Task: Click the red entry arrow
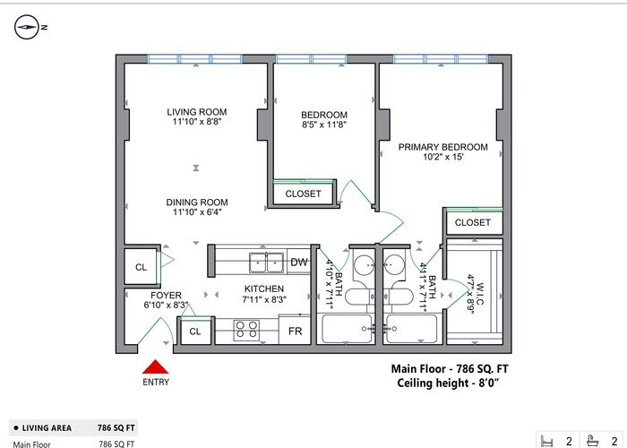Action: (156, 366)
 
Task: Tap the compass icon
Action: (26, 27)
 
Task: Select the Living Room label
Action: (197, 112)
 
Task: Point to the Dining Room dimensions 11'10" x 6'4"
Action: (197, 212)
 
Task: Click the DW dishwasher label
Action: (298, 263)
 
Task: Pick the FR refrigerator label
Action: (295, 332)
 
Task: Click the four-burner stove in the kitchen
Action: (246, 331)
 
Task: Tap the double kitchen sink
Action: (267, 263)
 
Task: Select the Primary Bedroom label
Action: (443, 147)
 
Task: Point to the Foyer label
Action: (166, 296)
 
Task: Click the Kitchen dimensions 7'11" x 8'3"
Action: (264, 299)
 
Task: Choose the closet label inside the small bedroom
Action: (303, 194)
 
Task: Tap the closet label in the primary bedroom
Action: (473, 222)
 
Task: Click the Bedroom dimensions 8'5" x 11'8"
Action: (324, 125)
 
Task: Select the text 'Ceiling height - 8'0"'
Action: (448, 383)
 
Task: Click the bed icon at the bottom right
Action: (546, 441)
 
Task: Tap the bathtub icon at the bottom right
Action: (593, 441)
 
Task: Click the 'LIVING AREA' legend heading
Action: (47, 428)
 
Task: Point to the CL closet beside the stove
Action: (195, 332)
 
